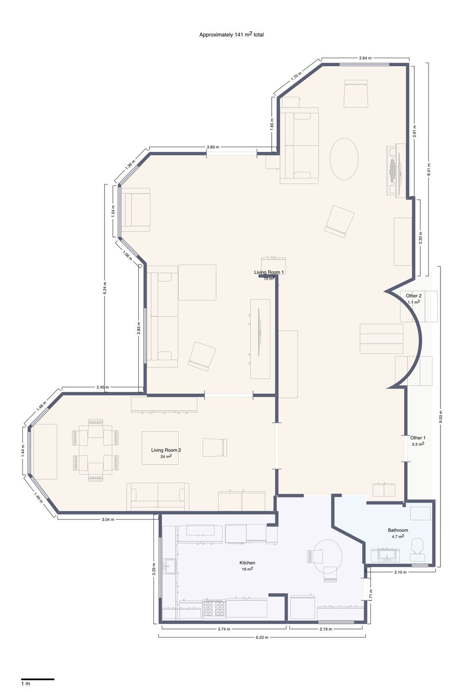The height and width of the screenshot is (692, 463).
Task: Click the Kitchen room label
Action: click(247, 563)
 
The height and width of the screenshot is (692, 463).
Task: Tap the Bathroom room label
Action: click(398, 530)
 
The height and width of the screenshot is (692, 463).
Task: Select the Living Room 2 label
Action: click(166, 450)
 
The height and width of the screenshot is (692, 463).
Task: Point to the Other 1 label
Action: click(418, 438)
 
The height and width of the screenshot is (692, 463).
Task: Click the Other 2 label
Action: click(413, 296)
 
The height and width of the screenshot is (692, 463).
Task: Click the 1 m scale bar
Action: click(38, 679)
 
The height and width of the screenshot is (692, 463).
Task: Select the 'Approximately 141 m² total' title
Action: click(231, 35)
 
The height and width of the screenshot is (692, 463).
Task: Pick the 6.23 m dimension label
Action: click(262, 637)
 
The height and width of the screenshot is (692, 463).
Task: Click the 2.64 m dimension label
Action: click(365, 58)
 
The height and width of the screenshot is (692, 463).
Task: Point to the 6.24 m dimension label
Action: click(105, 288)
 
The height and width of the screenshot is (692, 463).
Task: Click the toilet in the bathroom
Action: click(418, 545)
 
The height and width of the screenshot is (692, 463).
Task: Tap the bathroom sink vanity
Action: click(385, 555)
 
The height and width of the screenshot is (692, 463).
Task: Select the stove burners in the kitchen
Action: click(214, 609)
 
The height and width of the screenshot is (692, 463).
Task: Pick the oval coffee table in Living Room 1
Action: click(344, 159)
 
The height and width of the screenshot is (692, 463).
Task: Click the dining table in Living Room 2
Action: click(95, 450)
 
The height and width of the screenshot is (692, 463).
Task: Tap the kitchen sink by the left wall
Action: click(169, 566)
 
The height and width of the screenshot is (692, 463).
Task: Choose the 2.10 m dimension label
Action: click(400, 572)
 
